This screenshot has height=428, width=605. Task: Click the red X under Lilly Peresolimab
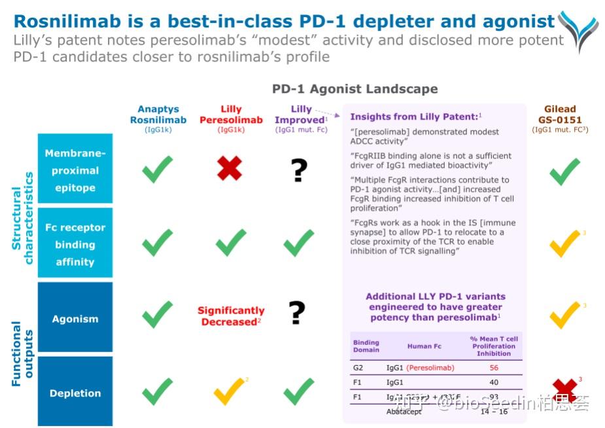(x=230, y=168)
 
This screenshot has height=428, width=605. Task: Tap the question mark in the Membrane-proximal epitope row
(x=298, y=169)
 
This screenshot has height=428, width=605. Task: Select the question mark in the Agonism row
(x=298, y=313)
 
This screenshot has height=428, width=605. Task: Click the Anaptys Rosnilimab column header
(x=158, y=115)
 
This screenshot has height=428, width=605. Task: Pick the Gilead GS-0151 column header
(x=560, y=115)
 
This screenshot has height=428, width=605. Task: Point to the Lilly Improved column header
(x=301, y=115)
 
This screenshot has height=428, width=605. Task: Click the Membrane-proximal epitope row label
(x=75, y=170)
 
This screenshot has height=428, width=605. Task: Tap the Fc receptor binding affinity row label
(x=75, y=245)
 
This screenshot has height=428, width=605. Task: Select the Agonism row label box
(x=75, y=319)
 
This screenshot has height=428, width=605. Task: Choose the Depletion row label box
(x=75, y=393)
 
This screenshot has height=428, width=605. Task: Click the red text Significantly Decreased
(x=231, y=316)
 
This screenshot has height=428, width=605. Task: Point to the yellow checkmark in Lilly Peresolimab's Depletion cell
(x=229, y=392)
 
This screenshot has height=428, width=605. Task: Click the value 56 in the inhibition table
(x=494, y=368)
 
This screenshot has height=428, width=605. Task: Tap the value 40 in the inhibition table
(x=494, y=382)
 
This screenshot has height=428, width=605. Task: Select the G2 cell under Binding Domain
(x=358, y=368)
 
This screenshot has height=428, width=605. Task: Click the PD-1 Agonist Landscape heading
(x=355, y=89)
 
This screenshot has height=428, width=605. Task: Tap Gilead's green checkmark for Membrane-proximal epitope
(x=564, y=171)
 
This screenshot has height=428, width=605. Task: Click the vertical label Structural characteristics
(x=23, y=218)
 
